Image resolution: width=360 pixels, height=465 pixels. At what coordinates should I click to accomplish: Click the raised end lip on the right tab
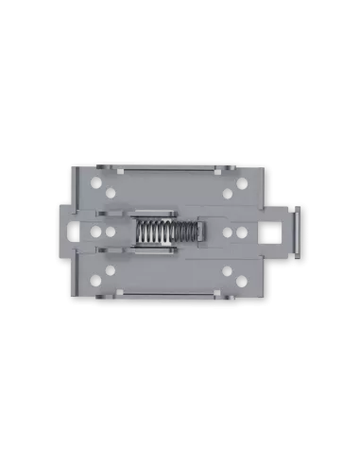pos(297,232)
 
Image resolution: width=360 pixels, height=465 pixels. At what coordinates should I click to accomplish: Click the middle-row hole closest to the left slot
pos(99,232)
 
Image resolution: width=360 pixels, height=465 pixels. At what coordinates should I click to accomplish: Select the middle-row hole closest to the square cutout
pos(245,232)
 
